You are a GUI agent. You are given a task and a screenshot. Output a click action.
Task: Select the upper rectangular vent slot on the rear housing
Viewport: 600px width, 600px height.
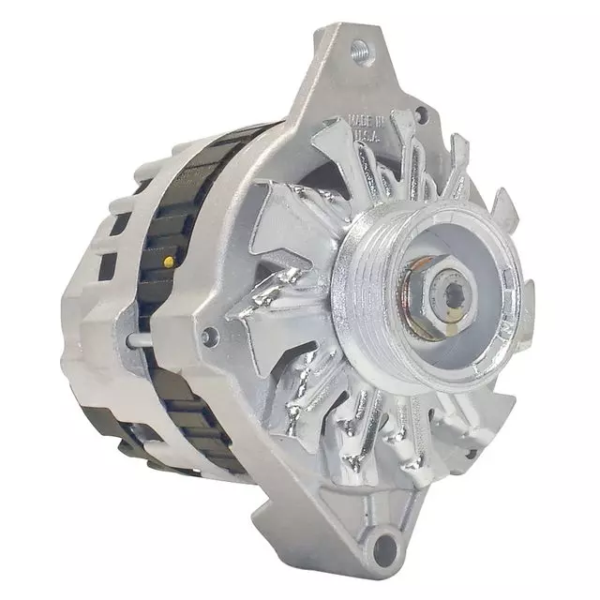pyautogui.click(x=120, y=223)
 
